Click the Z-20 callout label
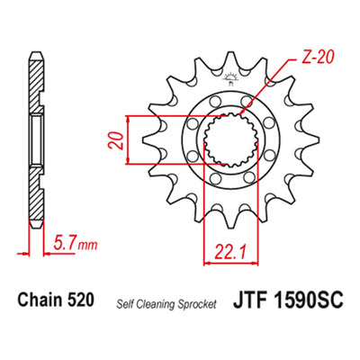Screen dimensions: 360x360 [318, 57]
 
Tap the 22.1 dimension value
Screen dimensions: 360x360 [230, 252]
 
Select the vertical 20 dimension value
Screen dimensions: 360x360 [116, 140]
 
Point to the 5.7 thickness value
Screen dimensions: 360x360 [64, 244]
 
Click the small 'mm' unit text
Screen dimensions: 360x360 [87, 246]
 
